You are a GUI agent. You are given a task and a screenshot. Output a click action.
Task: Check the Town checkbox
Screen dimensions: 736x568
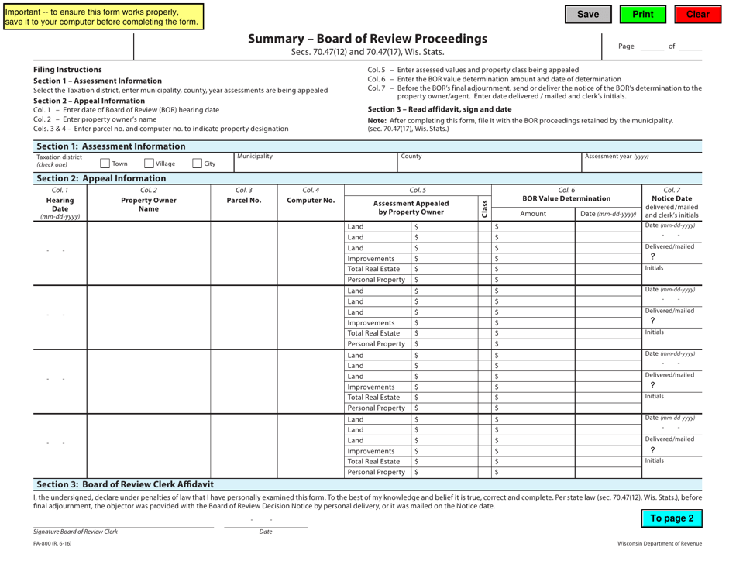coord(105,163)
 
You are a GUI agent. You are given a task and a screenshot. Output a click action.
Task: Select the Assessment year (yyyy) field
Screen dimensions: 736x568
coord(656,165)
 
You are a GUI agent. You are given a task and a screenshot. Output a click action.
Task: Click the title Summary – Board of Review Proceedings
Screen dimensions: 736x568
coord(367,39)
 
